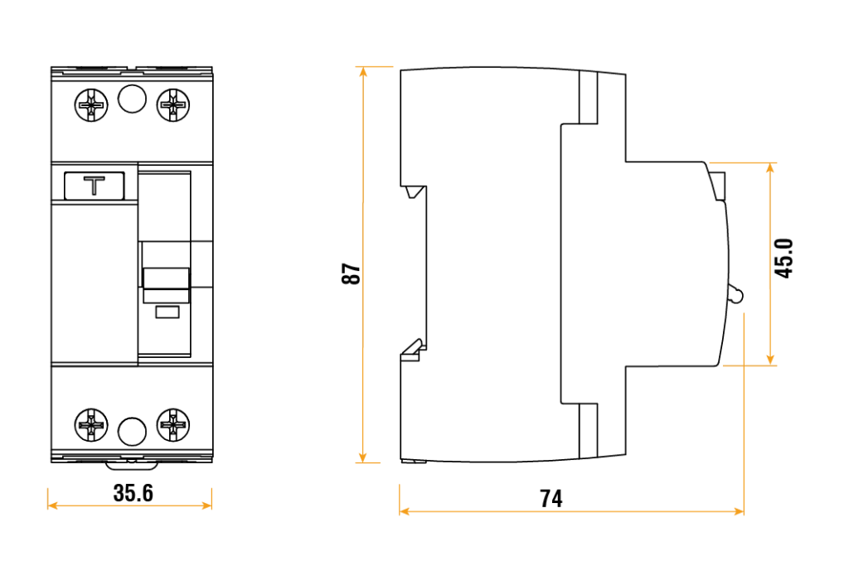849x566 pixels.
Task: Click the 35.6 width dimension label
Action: pyautogui.click(x=133, y=493)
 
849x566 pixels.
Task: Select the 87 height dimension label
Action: pyautogui.click(x=351, y=273)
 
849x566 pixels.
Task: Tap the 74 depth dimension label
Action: pyautogui.click(x=551, y=498)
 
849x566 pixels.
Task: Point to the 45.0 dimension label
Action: pyautogui.click(x=784, y=258)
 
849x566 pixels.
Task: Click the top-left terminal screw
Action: pyautogui.click(x=91, y=104)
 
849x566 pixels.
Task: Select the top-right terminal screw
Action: pyautogui.click(x=173, y=104)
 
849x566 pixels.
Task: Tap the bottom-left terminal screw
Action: pyautogui.click(x=91, y=425)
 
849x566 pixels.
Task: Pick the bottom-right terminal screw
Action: pyautogui.click(x=173, y=425)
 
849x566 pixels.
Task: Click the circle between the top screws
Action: pyautogui.click(x=132, y=99)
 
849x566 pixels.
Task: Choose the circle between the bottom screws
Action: pyautogui.click(x=132, y=431)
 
